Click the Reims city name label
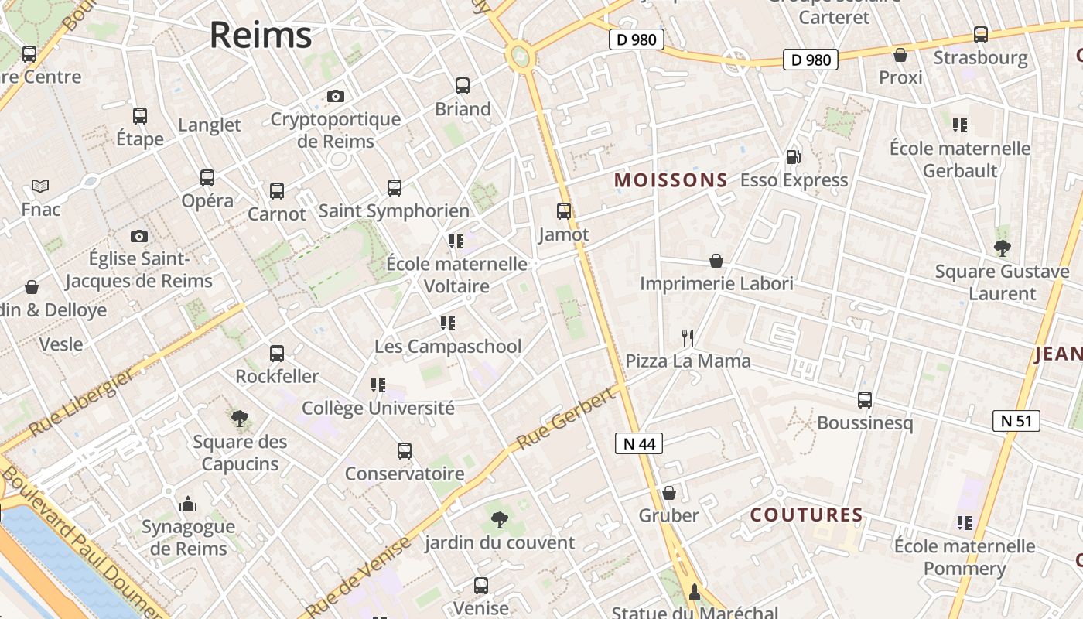click(x=261, y=35)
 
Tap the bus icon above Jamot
click(x=564, y=210)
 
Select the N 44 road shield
click(x=639, y=443)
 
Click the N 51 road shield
click(x=1016, y=421)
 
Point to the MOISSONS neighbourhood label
click(x=671, y=181)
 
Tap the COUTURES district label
click(x=807, y=515)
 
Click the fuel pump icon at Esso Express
click(x=793, y=157)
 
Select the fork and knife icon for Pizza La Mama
click(x=687, y=337)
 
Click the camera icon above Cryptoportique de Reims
click(x=335, y=96)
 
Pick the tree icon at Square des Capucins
click(x=240, y=419)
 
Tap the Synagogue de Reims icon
click(x=188, y=504)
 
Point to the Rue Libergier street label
click(x=80, y=402)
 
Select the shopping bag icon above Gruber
click(x=669, y=493)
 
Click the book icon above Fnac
click(x=40, y=186)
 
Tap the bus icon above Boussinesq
click(x=865, y=400)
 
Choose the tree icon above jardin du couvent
click(x=500, y=520)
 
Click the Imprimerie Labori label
click(x=716, y=284)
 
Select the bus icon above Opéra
click(x=207, y=177)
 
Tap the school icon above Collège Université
click(x=378, y=385)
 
